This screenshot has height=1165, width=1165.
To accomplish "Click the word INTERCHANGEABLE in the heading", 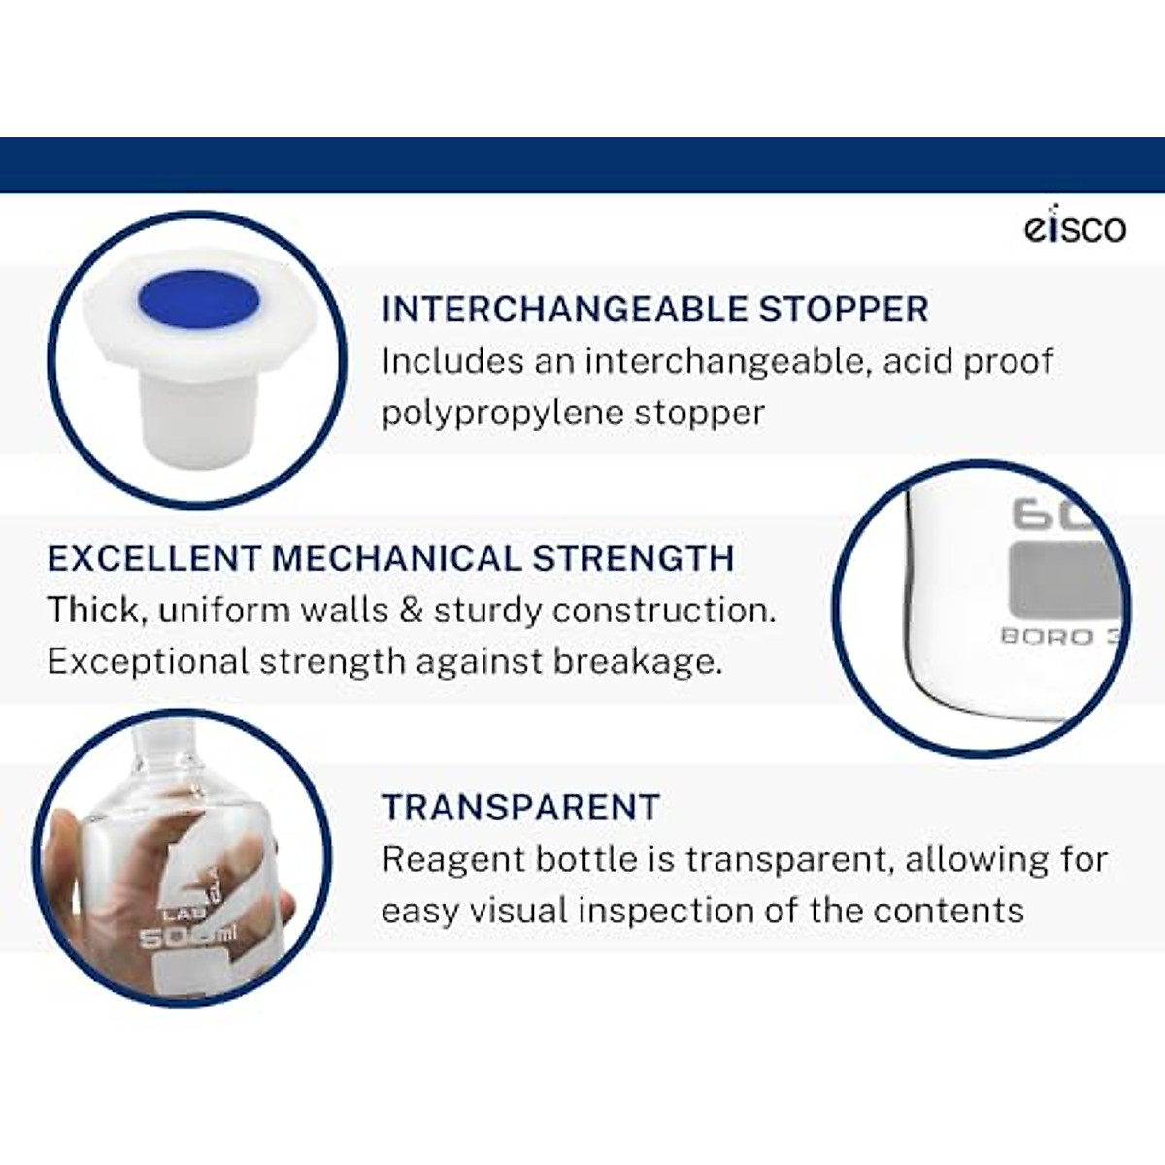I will pos(564,310).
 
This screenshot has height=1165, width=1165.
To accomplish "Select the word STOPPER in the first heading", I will pos(843,310).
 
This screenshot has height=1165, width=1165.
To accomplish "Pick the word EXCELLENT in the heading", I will pos(154,559).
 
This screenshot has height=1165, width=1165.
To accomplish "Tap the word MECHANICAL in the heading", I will pos(396,559).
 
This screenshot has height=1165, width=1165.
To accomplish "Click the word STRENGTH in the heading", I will pos(633,559).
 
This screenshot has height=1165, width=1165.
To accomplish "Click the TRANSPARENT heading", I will pos(520,808).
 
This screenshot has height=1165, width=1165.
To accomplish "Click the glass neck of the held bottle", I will pos(162,746).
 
